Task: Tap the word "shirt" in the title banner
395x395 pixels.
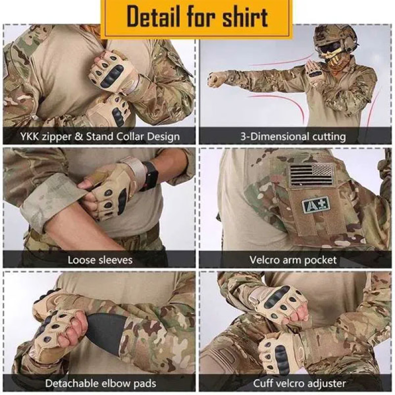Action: (243, 17)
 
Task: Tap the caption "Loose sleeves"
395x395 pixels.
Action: (100, 259)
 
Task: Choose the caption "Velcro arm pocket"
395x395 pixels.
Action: (293, 259)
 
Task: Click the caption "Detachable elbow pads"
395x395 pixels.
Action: (101, 383)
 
